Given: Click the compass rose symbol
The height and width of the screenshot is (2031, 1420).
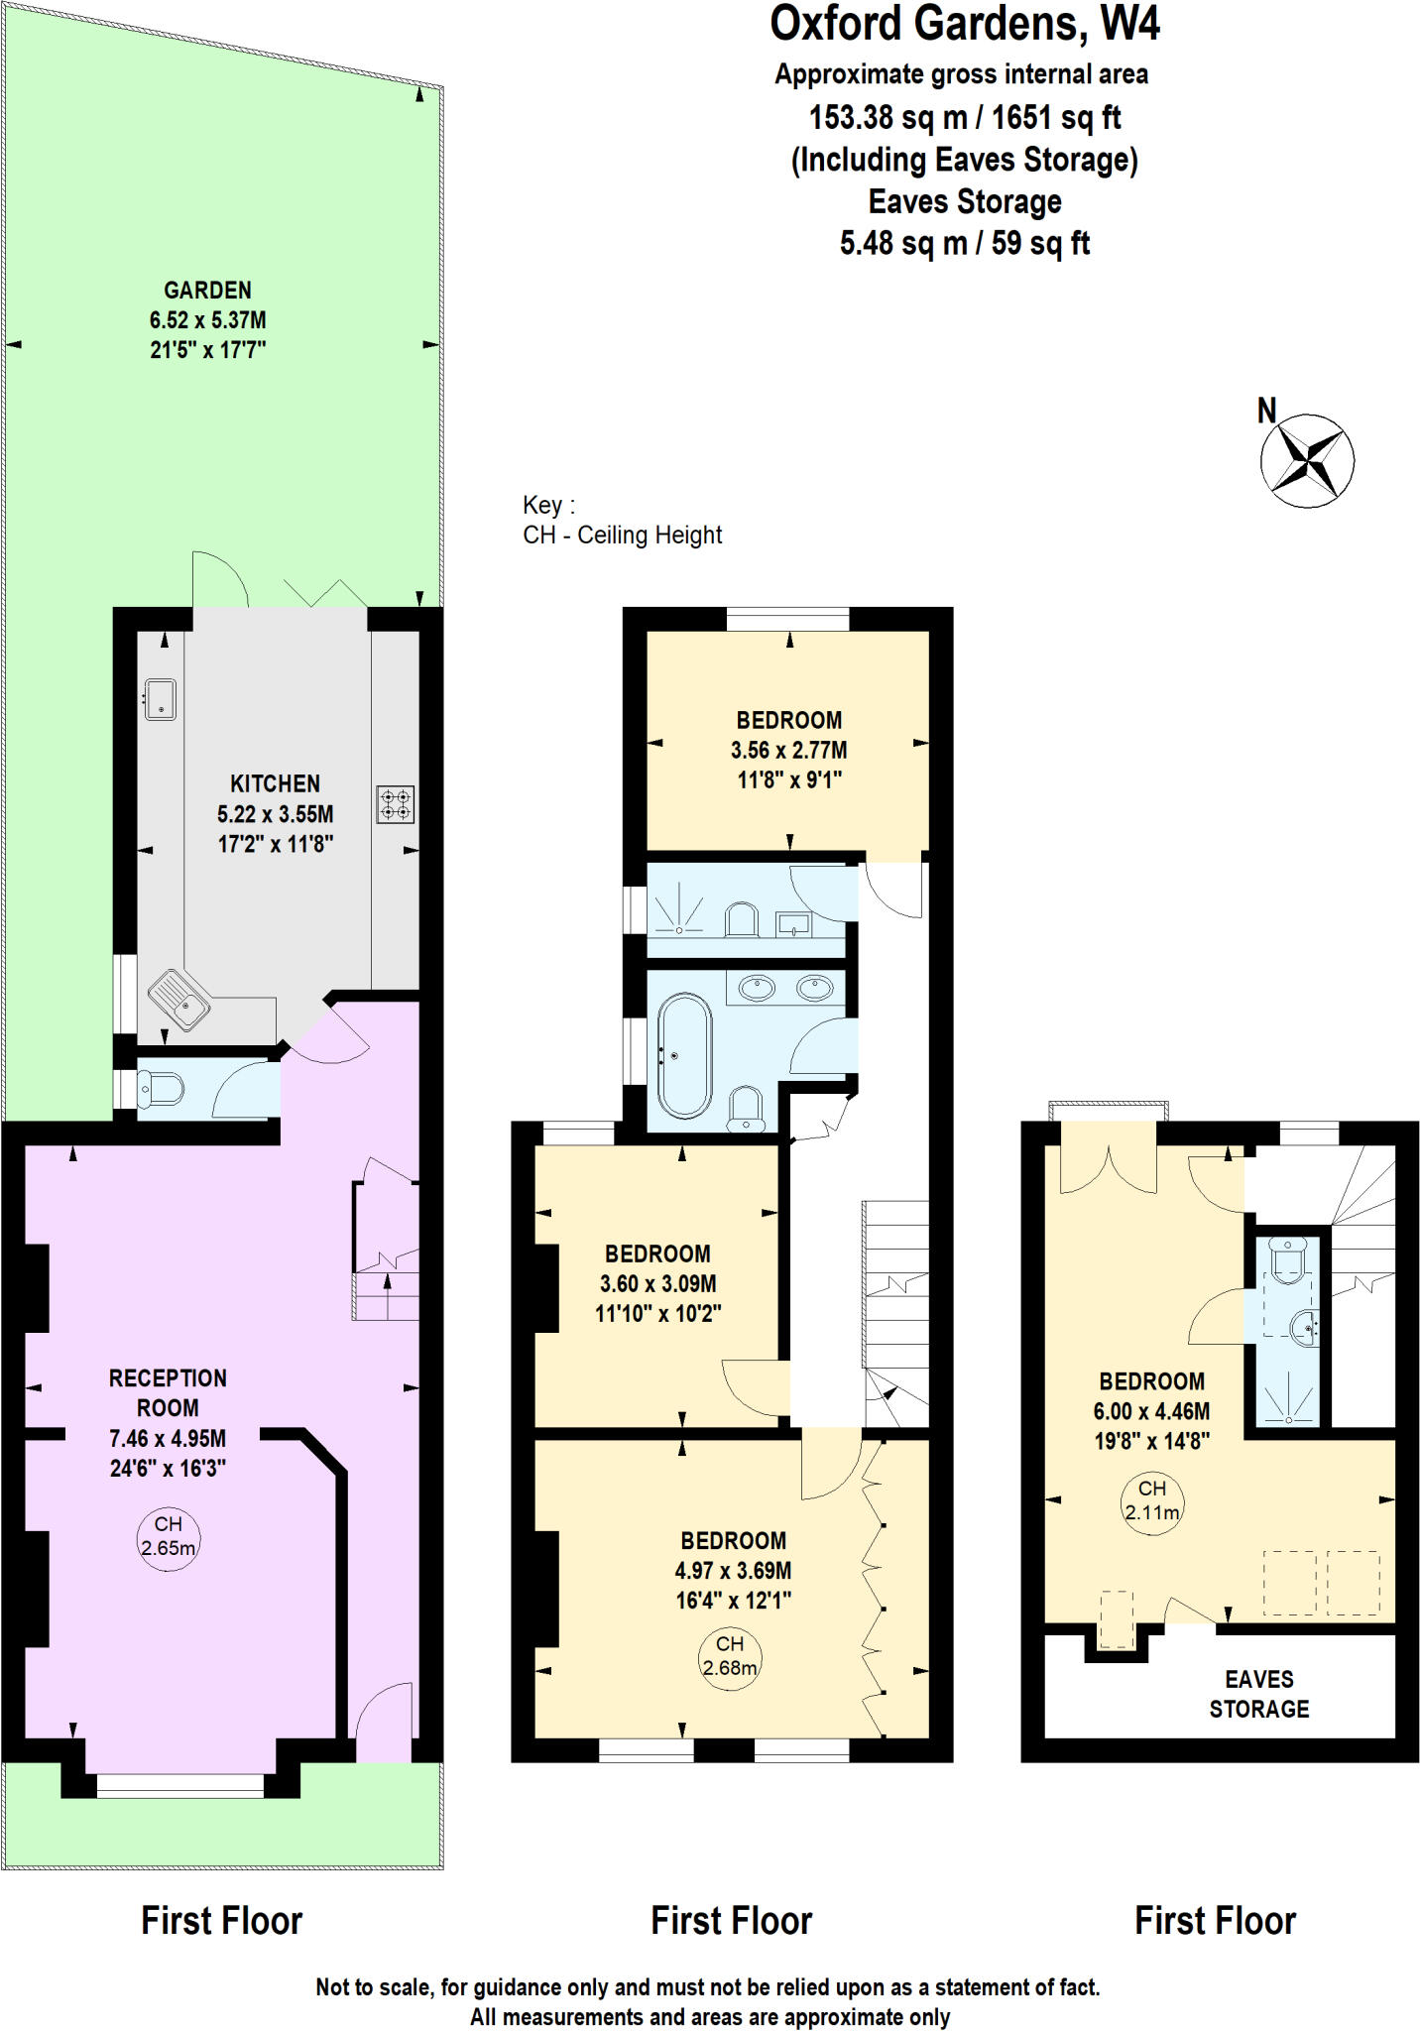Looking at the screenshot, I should pos(1307,460).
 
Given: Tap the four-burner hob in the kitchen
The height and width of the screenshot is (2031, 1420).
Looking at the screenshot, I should pos(395,803).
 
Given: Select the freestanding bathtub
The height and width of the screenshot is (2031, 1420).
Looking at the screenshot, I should pos(684,1055).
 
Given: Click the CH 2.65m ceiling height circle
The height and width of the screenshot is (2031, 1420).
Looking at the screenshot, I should pos(168,1536).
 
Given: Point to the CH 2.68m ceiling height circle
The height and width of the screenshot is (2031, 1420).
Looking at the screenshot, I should pos(730,1657).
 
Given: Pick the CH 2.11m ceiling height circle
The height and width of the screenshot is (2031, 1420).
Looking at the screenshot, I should pos(1152,1501).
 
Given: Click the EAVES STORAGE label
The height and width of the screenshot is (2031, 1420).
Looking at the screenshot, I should pos(1258,1693).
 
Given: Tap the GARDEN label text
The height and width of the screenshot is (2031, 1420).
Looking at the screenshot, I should pos(207,291).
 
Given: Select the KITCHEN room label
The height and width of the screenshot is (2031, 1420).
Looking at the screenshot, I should pos(275,783).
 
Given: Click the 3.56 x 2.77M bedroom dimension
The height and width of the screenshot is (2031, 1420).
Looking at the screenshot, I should pos(788,750).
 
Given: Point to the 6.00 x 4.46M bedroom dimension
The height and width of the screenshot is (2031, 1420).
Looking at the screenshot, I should pos(1152,1410).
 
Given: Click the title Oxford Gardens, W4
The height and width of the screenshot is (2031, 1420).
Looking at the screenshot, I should pos(964,24).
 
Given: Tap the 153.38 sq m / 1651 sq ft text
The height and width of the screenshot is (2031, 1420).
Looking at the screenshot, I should pos(964,118).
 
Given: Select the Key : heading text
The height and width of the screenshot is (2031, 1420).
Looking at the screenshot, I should pos(548,505).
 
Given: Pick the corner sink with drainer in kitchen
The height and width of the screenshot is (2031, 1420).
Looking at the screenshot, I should pos(179,999).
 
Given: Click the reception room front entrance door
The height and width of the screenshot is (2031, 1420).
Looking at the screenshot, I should pos(383,1723).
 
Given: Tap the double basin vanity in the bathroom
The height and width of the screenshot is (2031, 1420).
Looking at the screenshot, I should pos(785,988).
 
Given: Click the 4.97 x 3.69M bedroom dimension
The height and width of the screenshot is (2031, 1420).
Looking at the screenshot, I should pos(733,1570).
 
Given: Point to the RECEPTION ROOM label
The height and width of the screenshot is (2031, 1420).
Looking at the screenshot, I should pos(168,1392).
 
